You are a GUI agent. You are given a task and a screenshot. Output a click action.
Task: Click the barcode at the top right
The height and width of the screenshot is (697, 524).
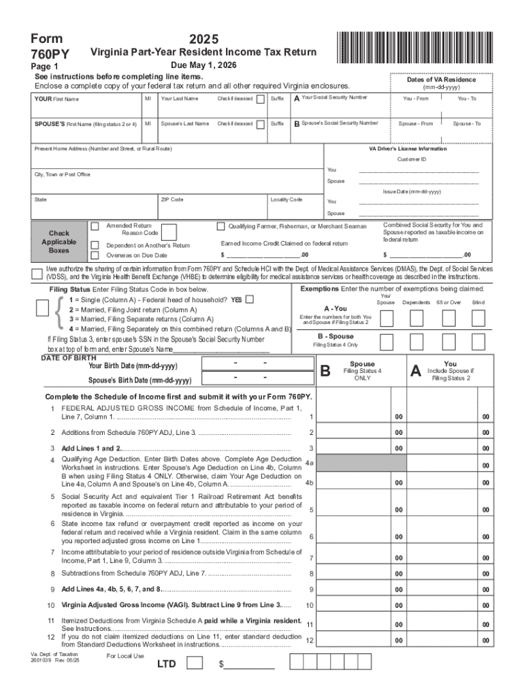click(x=413, y=47)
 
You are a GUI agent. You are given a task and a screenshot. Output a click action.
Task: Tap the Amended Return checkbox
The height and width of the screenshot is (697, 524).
click(x=94, y=225)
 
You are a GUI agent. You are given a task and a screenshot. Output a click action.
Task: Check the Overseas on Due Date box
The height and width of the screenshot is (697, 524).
click(x=94, y=255)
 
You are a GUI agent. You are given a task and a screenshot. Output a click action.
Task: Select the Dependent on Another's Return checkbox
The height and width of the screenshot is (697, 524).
click(x=94, y=245)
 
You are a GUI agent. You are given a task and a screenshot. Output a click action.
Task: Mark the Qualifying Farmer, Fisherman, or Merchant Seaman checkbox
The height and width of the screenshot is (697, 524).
click(x=220, y=226)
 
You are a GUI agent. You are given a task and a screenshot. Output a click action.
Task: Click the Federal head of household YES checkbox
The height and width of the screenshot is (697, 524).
click(x=250, y=299)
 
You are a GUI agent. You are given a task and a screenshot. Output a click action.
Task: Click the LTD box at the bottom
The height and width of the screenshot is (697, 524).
click(x=194, y=662)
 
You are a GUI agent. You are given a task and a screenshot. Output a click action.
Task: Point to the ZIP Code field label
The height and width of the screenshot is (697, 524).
click(x=171, y=199)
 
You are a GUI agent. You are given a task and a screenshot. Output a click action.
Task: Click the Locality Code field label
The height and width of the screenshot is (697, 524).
click(x=286, y=199)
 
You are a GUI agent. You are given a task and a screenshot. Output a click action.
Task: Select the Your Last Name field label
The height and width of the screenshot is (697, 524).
click(x=180, y=99)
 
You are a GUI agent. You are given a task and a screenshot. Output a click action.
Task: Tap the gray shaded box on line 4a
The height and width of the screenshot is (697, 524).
click(x=355, y=463)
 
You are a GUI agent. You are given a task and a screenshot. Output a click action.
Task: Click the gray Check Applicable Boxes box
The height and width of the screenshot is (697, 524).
click(x=59, y=242)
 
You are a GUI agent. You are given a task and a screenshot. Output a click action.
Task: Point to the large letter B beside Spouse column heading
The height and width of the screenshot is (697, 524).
click(x=325, y=371)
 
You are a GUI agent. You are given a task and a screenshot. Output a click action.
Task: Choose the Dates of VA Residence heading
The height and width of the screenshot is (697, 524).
click(x=441, y=80)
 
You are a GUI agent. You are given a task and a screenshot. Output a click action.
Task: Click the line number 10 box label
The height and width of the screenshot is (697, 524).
click(x=310, y=605)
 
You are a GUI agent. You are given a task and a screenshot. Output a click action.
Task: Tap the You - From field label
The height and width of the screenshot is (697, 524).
click(x=416, y=99)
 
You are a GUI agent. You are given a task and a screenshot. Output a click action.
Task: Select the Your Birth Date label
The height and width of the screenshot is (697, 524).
click(x=133, y=366)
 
